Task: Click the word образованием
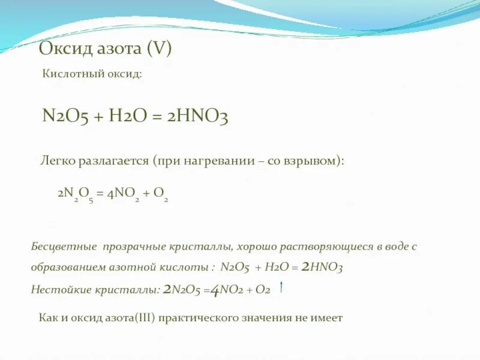click(67, 268)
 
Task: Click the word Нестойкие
click(62, 289)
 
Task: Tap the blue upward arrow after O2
click(281, 287)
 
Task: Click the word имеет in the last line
click(328, 318)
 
